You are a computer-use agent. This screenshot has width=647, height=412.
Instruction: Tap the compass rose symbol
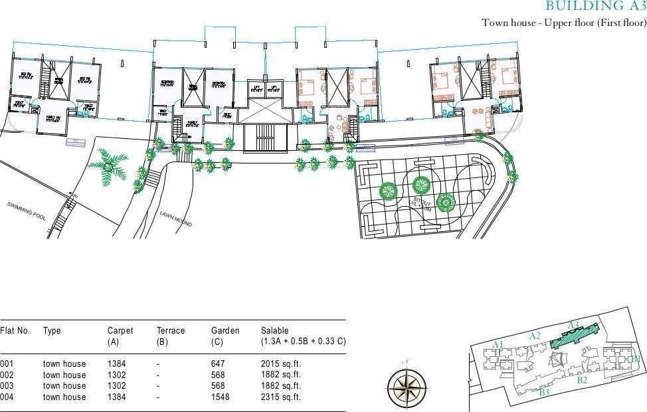coord(407,385)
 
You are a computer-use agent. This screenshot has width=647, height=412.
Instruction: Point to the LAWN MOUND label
coord(176,219)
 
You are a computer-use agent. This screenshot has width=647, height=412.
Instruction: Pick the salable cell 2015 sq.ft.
coord(280,363)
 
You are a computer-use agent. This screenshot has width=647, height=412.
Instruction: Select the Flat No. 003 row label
coord(7,385)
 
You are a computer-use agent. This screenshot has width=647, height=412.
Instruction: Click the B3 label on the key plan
coord(544,392)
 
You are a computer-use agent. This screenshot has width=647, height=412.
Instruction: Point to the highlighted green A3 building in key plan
coord(574,336)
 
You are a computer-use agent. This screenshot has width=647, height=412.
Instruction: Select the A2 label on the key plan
coord(535,336)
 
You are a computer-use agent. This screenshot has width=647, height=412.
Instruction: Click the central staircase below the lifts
coord(264,136)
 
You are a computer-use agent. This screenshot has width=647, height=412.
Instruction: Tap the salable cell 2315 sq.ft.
coord(280,397)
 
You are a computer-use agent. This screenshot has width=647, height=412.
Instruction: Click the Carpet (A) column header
coord(120,336)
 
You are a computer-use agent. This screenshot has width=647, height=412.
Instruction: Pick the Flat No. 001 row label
coord(7,363)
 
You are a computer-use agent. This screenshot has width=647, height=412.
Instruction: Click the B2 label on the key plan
coord(581,380)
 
